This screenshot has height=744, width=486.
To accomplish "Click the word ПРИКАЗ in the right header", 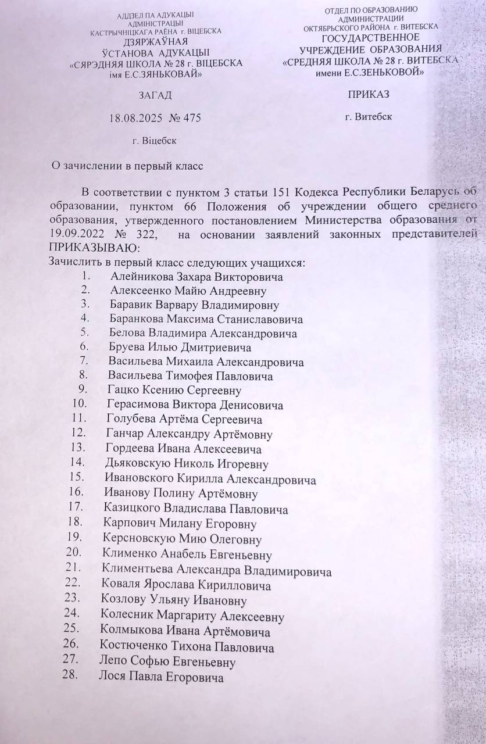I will pyautogui.click(x=368, y=94).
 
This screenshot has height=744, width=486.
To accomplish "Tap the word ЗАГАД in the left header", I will pyautogui.click(x=155, y=95).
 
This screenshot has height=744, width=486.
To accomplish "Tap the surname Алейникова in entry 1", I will pyautogui.click(x=142, y=277).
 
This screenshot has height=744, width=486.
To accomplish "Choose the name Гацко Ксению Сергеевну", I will pyautogui.click(x=174, y=390).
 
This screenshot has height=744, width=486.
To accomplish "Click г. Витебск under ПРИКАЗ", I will pyautogui.click(x=368, y=117).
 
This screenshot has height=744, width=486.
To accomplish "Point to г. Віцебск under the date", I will pyautogui.click(x=155, y=140).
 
